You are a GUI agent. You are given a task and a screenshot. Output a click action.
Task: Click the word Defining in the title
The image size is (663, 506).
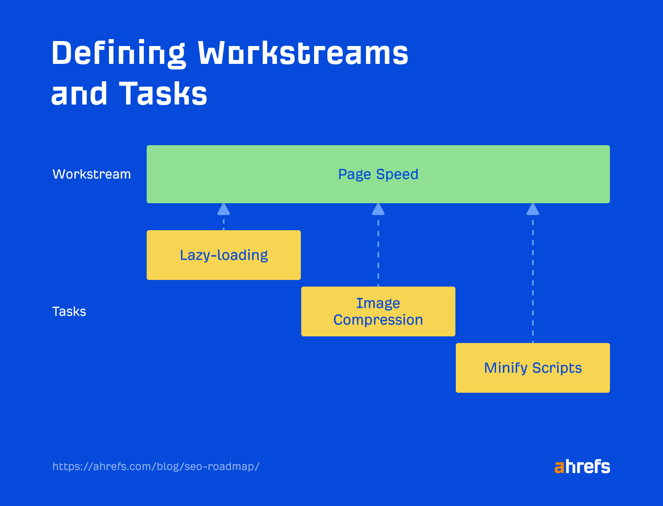point(119,53)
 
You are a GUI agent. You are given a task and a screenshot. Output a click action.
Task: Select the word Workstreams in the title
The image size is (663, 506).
point(303,53)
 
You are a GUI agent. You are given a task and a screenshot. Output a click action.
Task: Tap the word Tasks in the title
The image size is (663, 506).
point(163,94)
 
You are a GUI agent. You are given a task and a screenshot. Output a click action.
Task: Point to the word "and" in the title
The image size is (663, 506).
point(79,94)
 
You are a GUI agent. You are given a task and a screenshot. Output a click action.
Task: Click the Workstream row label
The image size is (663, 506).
point(92,174)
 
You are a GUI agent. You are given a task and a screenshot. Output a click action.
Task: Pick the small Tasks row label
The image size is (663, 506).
point(69,311)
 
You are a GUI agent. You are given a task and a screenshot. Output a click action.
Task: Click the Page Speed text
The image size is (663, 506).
point(378,174)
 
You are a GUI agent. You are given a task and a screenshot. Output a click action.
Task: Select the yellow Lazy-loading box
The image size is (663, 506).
point(224,255)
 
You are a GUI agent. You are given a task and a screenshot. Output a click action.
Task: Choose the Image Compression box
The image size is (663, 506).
point(378,311)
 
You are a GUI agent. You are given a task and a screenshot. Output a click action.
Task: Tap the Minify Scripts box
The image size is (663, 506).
point(532,368)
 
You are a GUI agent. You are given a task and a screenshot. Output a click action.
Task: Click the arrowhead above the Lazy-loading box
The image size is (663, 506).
point(224,209)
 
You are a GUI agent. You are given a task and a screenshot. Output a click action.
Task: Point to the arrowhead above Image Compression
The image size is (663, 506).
point(378,209)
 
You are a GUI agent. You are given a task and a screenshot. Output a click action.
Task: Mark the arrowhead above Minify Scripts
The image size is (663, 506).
point(533,209)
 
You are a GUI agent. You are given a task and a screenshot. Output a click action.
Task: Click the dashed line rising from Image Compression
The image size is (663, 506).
point(378,253)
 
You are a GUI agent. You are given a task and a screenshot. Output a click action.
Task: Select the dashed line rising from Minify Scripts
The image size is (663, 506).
point(533,282)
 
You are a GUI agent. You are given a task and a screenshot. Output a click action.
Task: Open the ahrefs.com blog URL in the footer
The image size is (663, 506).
point(156,467)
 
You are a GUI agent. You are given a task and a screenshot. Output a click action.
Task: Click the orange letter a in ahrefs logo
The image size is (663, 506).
point(559,467)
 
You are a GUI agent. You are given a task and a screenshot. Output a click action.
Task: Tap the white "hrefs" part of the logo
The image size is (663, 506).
point(588,467)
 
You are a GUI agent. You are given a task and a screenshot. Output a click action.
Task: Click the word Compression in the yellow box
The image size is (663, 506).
point(378,320)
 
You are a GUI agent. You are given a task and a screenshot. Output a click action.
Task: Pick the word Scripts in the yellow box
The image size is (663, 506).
point(557,368)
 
